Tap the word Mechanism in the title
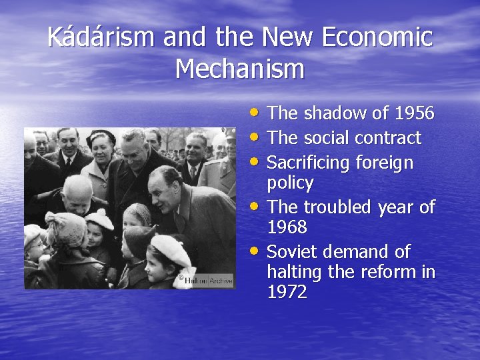[x=240, y=69]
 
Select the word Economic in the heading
[x=377, y=37]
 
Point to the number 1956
[x=414, y=114]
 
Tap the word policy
[x=290, y=183]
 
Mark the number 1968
[x=287, y=227]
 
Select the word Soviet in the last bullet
[x=291, y=252]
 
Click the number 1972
[x=287, y=292]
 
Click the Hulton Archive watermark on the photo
[x=207, y=281]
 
